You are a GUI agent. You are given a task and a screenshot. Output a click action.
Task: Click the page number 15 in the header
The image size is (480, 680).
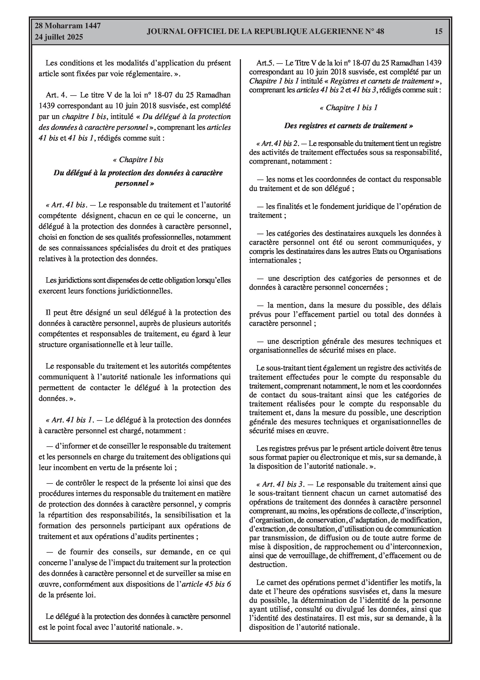click(439, 31)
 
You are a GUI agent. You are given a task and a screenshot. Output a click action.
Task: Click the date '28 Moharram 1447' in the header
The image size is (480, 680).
click(68, 26)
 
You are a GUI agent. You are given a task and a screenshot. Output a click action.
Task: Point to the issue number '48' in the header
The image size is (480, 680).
click(380, 31)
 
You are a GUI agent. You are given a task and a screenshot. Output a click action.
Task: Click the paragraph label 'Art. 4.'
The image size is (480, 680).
click(57, 95)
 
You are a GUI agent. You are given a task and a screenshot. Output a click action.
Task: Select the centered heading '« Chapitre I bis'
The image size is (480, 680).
click(138, 160)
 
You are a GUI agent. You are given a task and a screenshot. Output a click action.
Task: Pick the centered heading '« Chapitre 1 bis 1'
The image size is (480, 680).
click(349, 108)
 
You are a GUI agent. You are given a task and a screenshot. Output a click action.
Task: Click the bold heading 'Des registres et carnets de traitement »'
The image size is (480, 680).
click(349, 126)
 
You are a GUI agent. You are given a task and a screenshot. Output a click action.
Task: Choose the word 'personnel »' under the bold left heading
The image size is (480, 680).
click(135, 183)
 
